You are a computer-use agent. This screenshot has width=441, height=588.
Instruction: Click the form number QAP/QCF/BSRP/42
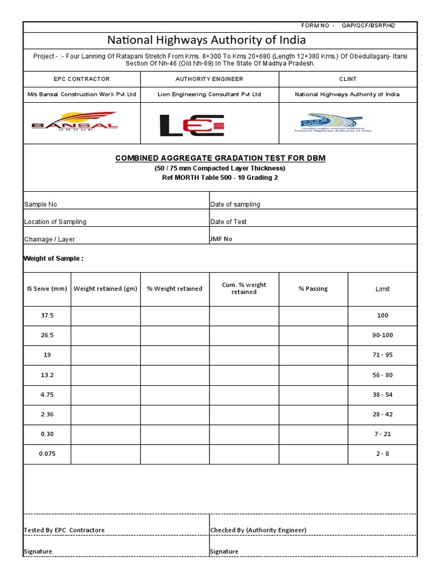[x=368, y=26]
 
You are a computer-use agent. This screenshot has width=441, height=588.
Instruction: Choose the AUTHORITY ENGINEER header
[x=209, y=79]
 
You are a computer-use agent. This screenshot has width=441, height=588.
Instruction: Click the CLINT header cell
[x=347, y=79]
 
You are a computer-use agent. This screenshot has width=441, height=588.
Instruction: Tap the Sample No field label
[x=40, y=204]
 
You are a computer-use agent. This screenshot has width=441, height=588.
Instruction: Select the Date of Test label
[x=229, y=222]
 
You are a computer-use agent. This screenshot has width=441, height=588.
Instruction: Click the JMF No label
[x=222, y=239]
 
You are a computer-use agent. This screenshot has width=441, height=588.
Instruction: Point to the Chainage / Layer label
[x=49, y=239]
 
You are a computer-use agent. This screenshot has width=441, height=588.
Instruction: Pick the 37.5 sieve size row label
[x=47, y=315]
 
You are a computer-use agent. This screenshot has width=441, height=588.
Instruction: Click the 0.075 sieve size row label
[x=47, y=454]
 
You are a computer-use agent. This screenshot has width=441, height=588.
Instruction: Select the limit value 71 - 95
[x=382, y=355]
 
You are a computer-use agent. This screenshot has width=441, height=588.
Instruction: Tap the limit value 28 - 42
[x=382, y=414]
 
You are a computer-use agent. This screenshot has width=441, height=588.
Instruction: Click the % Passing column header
[x=313, y=289]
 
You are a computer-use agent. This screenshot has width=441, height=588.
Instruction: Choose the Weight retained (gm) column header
[x=106, y=289]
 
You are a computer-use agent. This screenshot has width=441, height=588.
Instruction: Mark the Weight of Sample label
[x=53, y=258]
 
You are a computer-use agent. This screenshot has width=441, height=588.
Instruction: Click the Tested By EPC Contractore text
[x=64, y=530]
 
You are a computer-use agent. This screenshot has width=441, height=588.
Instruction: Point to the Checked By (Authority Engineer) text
[x=258, y=530]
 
